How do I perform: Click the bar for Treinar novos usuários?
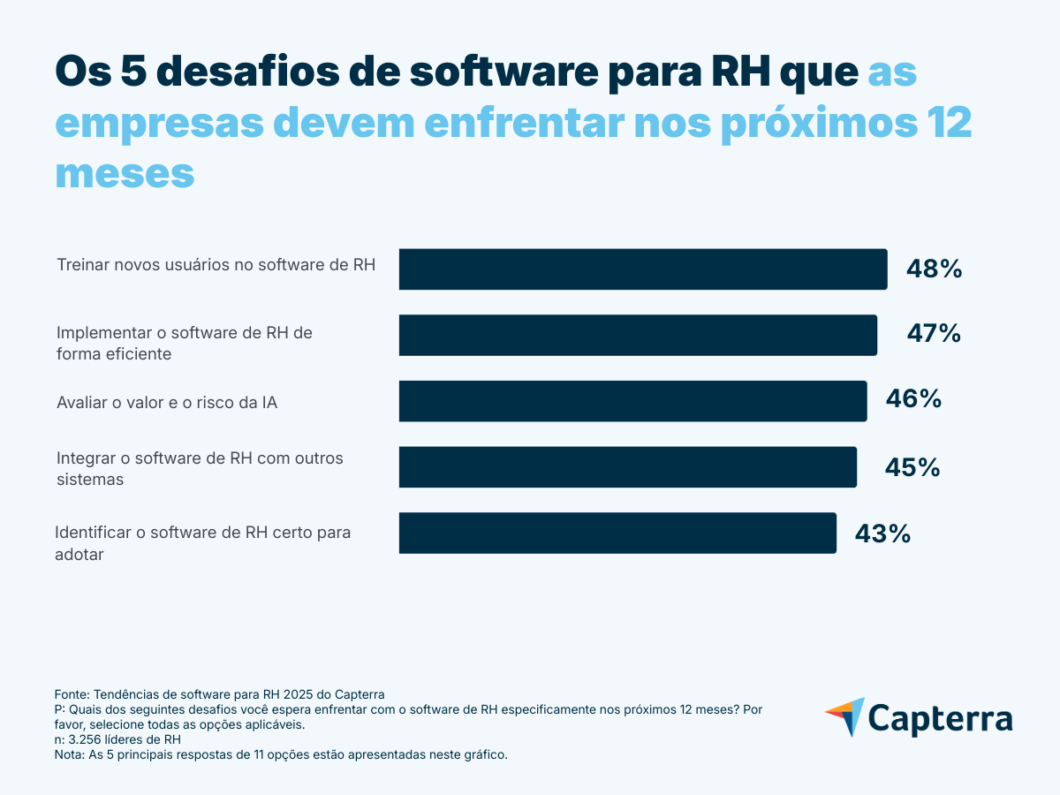[x=642, y=269]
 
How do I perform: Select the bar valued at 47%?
[x=638, y=335]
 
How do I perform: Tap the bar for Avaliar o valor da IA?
[x=632, y=401]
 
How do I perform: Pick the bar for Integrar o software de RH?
[x=627, y=466]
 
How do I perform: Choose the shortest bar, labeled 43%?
[x=617, y=533]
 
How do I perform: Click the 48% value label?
[x=934, y=269]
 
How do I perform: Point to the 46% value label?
[x=913, y=399]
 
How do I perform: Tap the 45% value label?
[x=912, y=466]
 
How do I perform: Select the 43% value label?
[x=882, y=534]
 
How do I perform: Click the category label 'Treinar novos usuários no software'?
[x=216, y=264]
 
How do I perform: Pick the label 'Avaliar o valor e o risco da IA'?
[x=167, y=403]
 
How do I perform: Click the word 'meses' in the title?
[x=125, y=173]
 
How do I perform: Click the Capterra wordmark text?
[x=940, y=718]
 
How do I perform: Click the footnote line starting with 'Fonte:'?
[x=220, y=694]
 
